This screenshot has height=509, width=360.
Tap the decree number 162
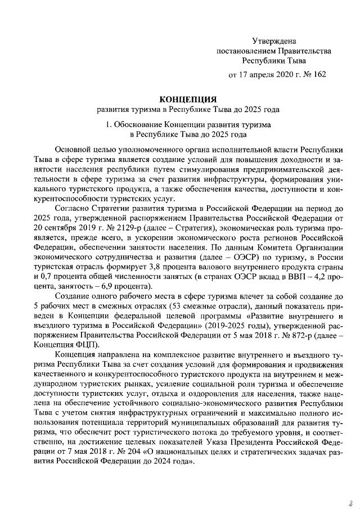tap(318, 74)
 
